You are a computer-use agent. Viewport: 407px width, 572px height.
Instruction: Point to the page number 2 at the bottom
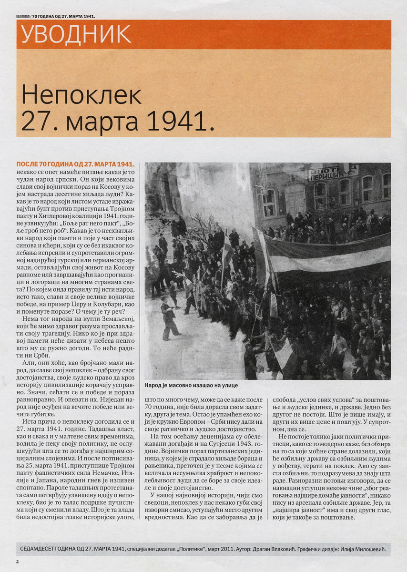pyautogui.click(x=18, y=562)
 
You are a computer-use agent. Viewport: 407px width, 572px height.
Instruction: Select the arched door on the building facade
pyautogui.click(x=295, y=199)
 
